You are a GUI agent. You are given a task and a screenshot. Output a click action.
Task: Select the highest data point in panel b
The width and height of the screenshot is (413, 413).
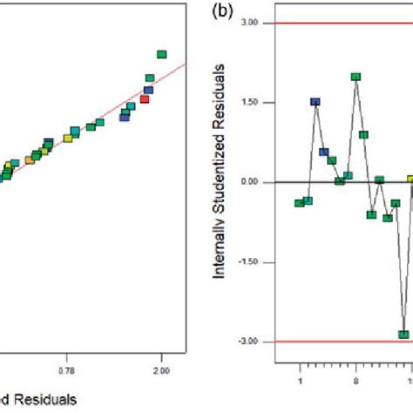[355, 77]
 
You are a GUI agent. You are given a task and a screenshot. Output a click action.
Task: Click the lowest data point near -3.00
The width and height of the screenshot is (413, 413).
[403, 334]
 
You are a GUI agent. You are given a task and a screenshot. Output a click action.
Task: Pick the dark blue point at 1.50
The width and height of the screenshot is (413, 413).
[315, 102]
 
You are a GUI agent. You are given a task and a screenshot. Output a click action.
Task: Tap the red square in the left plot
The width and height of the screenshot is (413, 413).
[145, 99]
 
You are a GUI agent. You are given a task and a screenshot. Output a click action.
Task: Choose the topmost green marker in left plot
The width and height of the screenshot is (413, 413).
[161, 55]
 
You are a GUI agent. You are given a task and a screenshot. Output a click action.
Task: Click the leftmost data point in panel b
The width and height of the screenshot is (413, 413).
[299, 203]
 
